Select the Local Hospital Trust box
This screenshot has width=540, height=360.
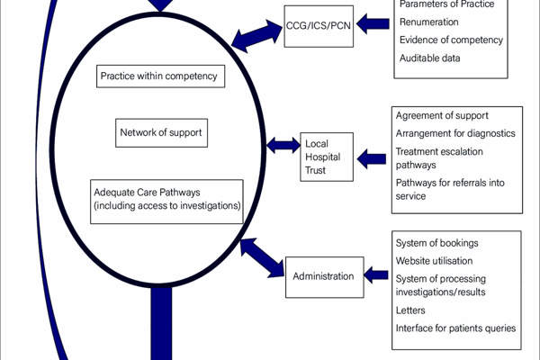coord(327,157)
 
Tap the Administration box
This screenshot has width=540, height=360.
coord(323,275)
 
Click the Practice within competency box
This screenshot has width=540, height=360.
coord(159,76)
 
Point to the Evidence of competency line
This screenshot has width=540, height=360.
coord(451,40)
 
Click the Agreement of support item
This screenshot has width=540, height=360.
coord(442,115)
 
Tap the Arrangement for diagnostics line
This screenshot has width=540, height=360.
coord(455,133)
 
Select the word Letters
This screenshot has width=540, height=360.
coord(410,309)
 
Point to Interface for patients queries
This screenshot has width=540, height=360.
coord(455,328)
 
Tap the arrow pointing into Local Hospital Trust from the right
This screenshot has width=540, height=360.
coord(371,158)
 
